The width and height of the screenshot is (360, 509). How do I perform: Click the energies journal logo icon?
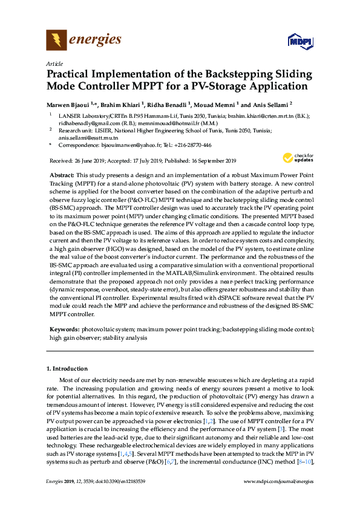click(x=56, y=41)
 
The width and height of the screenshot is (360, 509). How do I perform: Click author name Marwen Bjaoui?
click(x=70, y=103)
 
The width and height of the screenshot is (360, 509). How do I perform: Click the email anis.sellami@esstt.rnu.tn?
click(x=85, y=137)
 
